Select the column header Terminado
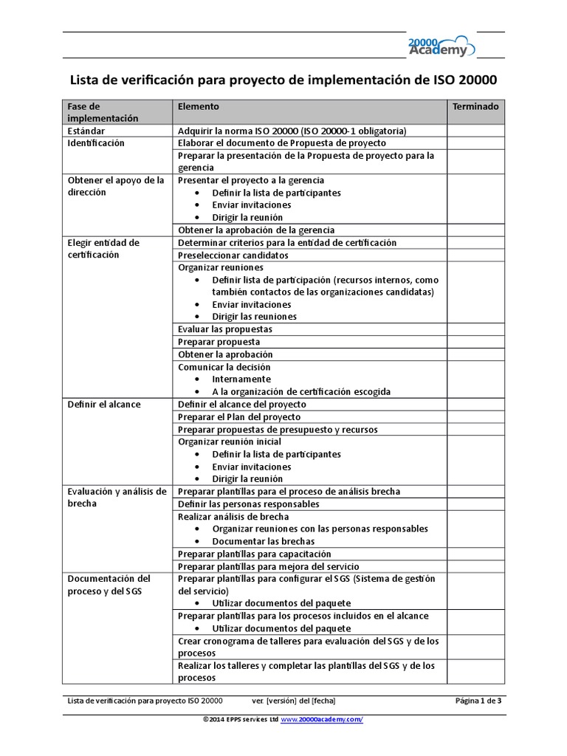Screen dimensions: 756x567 coord(475,106)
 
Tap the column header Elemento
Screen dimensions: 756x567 coord(199,106)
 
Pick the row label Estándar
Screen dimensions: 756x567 coord(87,131)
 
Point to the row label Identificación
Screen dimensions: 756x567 coord(96,143)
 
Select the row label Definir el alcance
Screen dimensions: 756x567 coord(103,405)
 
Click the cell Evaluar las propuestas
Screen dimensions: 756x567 coord(225,329)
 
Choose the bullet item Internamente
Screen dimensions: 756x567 coord(241,379)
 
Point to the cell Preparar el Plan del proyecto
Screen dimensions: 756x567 coord(239,417)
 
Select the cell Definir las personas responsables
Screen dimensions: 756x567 coord(249,504)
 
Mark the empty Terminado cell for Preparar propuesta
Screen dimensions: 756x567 coord(475,342)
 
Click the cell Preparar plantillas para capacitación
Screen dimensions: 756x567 coord(255,554)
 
